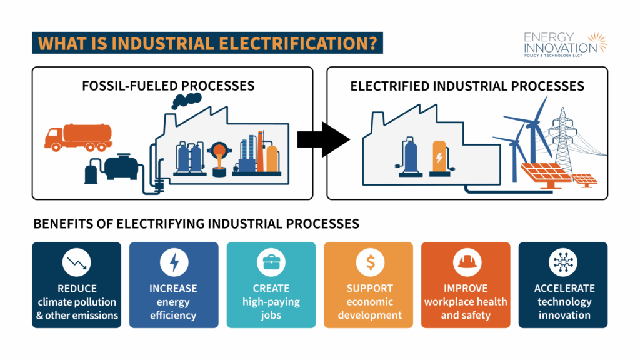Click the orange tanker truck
(x=78, y=137)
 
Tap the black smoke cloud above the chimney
(x=187, y=100)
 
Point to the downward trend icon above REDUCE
(x=77, y=263)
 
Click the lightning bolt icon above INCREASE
(x=174, y=263)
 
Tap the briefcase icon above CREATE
(x=271, y=263)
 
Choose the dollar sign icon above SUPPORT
(x=369, y=263)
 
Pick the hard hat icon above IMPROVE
(x=466, y=263)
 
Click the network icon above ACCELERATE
(x=562, y=263)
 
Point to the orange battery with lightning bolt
(x=440, y=159)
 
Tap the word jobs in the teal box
(x=271, y=316)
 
